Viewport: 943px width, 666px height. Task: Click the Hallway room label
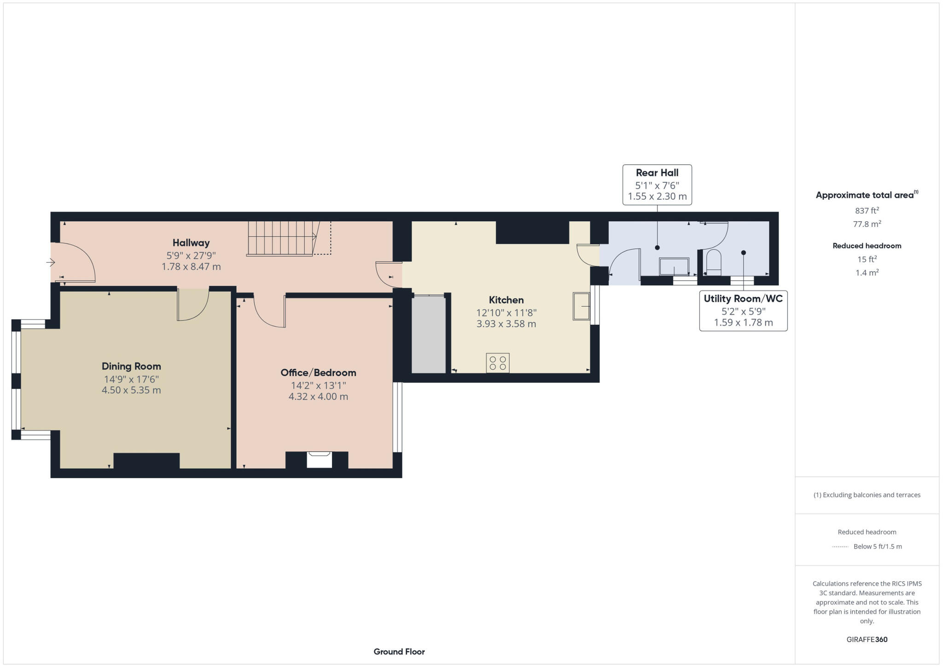tap(191, 243)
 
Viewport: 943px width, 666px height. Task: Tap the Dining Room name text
tap(131, 366)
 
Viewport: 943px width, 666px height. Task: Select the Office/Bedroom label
tap(318, 372)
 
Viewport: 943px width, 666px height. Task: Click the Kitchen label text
tap(506, 300)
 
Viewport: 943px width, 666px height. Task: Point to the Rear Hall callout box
tap(657, 185)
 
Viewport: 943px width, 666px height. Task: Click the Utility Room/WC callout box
tap(743, 310)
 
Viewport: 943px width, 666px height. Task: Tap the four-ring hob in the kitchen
tap(497, 363)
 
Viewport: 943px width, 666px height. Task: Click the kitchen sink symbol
tap(581, 306)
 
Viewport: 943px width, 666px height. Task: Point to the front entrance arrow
tap(51, 262)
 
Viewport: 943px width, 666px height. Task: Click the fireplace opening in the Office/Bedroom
tap(319, 460)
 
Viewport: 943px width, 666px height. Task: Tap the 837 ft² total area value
tap(867, 211)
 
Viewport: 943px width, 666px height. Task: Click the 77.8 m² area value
tap(867, 224)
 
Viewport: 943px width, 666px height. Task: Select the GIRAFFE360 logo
tap(867, 639)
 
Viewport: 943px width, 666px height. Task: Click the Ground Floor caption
tap(399, 651)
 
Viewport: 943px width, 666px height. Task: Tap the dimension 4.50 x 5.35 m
tap(131, 390)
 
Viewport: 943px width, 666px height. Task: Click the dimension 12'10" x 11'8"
tap(506, 313)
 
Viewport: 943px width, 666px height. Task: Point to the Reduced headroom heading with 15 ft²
tap(867, 246)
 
